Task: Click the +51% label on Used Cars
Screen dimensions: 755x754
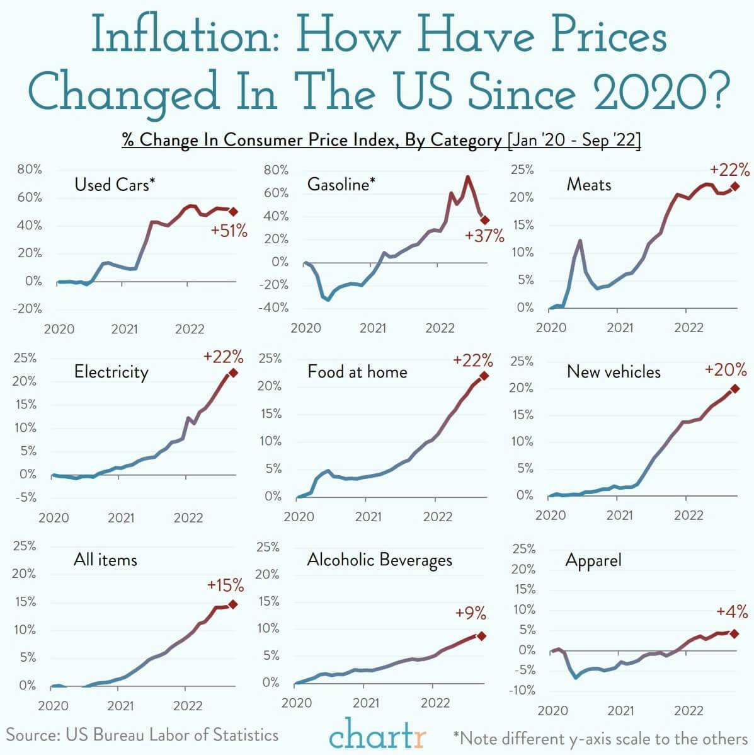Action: point(229,231)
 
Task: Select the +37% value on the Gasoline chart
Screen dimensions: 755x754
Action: point(484,236)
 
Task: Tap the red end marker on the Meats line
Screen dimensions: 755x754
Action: point(734,187)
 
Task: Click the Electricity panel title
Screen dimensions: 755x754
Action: point(111,372)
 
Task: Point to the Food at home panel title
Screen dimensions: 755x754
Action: point(357,372)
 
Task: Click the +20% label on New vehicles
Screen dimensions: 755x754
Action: point(726,369)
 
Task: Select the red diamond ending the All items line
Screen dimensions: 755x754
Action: point(233,604)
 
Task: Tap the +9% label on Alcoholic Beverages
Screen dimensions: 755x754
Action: point(471,613)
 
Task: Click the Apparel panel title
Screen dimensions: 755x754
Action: point(593,560)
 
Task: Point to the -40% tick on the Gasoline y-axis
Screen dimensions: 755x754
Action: point(275,308)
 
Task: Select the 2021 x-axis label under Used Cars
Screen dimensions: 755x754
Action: point(124,329)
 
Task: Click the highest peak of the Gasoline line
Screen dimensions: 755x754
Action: point(467,177)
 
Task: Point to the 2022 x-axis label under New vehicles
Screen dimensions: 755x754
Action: point(688,516)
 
